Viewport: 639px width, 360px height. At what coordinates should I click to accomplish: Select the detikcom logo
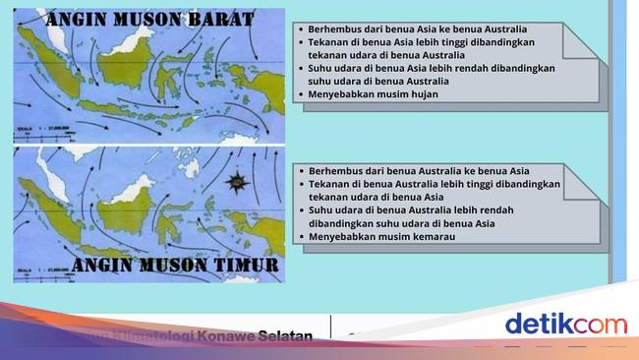(564, 324)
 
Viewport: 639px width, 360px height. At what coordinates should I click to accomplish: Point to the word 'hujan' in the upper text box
(420, 94)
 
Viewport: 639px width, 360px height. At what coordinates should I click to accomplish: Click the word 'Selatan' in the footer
(285, 336)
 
